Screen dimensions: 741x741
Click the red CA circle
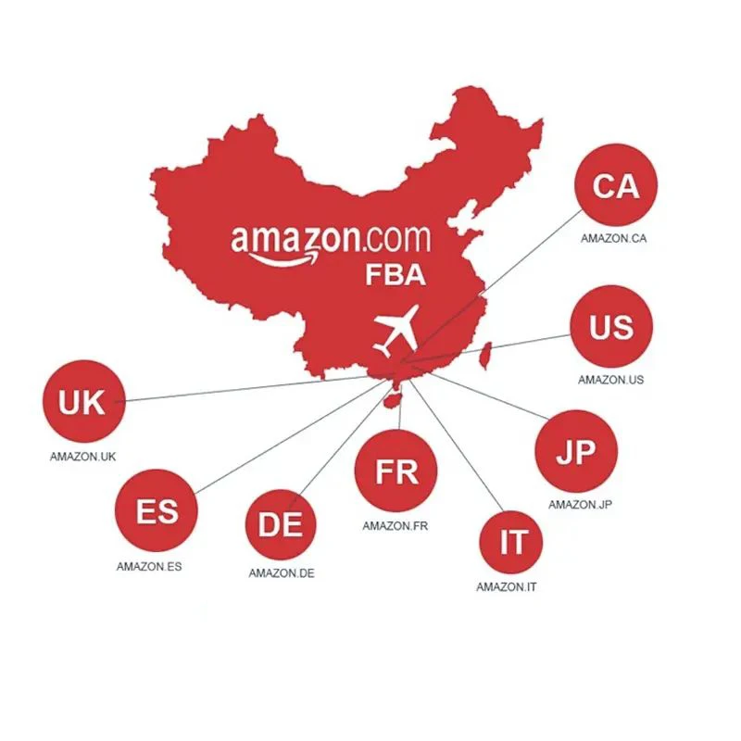coord(615,186)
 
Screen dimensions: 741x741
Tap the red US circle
coord(611,327)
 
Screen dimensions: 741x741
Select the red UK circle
coord(82,403)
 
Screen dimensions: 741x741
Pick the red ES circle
coord(157,510)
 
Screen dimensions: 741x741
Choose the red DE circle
coord(281,524)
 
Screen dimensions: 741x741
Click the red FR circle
coord(396,471)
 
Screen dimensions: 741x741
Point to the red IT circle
coord(513,543)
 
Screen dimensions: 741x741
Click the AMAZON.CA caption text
coord(613,238)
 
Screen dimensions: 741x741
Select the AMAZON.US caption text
coord(610,379)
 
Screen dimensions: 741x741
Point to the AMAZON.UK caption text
coord(82,457)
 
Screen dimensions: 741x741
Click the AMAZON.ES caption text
coord(149,566)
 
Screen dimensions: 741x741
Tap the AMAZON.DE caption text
coord(282,573)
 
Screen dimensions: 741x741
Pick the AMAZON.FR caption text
coord(396,526)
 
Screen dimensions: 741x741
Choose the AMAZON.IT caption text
coord(507,587)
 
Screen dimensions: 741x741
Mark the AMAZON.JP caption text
coord(581,505)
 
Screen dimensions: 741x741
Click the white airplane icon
coord(396,330)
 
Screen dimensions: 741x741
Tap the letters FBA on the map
coord(393,275)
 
